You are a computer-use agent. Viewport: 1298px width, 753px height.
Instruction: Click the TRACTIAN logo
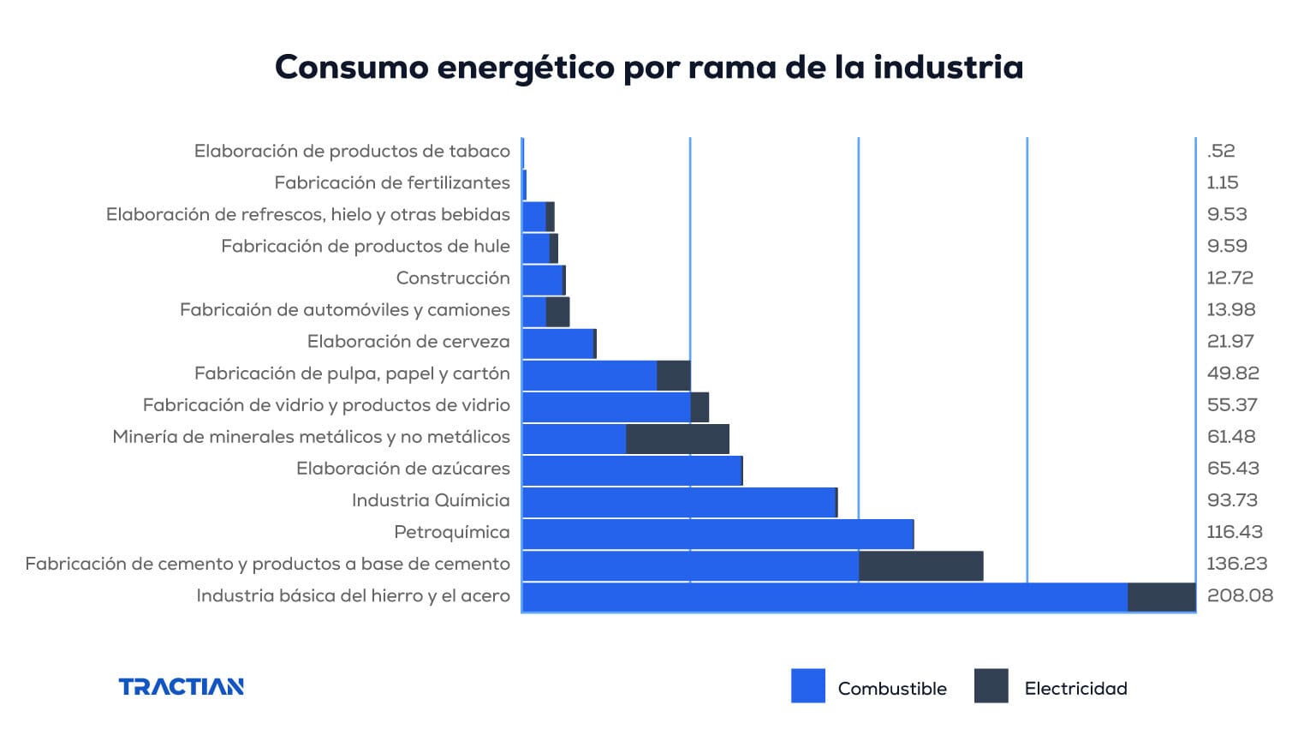(x=181, y=686)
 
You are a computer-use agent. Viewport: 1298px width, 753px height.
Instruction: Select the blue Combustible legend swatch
(x=807, y=686)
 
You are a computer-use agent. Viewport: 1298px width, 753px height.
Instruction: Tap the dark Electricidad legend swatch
(x=991, y=686)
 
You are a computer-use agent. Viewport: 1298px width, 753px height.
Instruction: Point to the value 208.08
(x=1239, y=595)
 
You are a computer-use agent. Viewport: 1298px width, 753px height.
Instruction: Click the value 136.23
(x=1236, y=564)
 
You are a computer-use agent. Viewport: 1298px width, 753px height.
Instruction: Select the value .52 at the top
(x=1220, y=151)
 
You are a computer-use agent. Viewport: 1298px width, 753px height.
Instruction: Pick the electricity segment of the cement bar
(x=920, y=566)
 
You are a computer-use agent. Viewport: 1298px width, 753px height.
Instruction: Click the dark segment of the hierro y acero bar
(x=1161, y=598)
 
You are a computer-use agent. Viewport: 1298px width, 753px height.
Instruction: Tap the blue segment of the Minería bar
(x=574, y=439)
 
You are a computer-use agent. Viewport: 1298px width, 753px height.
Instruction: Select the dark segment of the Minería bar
(x=677, y=439)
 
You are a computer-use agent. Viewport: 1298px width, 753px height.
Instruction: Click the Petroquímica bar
(x=717, y=535)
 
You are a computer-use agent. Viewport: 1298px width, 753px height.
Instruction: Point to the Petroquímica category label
(x=451, y=532)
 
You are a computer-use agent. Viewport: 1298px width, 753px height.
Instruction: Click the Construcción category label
(x=452, y=278)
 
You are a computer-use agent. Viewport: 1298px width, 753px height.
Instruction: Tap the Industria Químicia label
(x=430, y=500)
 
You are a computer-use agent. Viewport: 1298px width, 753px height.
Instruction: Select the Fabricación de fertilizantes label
(x=391, y=182)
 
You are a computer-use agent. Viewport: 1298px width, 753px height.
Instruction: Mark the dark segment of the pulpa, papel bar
(x=673, y=375)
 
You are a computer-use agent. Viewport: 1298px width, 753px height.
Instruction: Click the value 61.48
(x=1230, y=437)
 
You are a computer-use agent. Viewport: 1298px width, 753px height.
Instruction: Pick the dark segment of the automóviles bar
(x=557, y=312)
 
